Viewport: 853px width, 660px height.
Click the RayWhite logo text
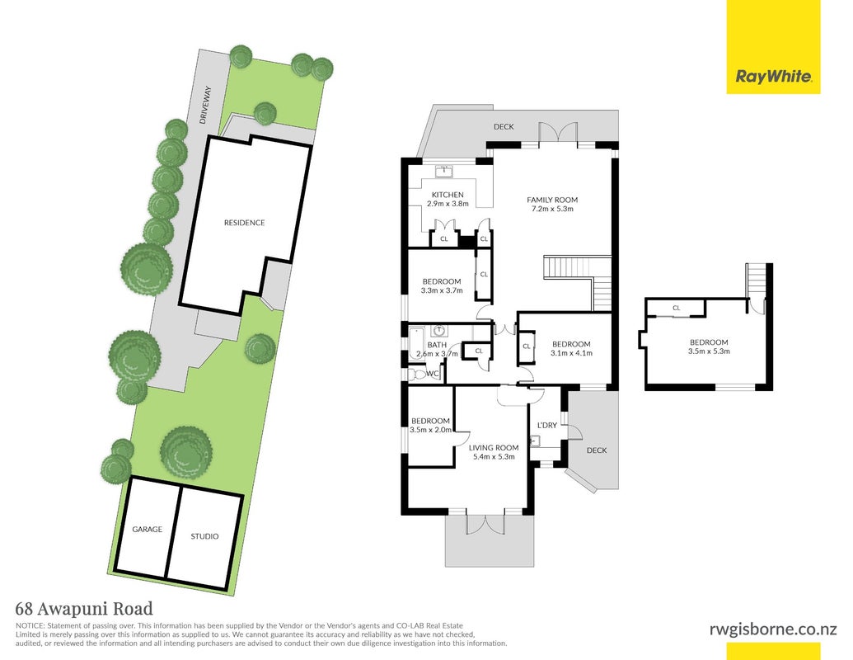(x=774, y=76)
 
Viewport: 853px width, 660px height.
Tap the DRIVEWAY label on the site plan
(x=205, y=105)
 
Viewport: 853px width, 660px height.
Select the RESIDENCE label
(x=244, y=223)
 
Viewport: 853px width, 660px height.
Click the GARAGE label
(x=147, y=530)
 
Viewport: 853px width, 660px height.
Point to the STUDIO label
(x=204, y=536)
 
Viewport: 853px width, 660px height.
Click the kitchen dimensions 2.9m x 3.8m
(x=448, y=204)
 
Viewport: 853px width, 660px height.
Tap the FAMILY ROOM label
(x=552, y=200)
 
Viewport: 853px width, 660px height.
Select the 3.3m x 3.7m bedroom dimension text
(x=442, y=290)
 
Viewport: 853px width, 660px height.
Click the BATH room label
(x=437, y=345)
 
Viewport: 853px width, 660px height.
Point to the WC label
(x=433, y=374)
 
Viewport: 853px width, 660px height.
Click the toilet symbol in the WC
(x=416, y=374)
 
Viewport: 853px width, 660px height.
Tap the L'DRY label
(x=547, y=426)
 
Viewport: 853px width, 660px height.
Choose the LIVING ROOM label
(x=494, y=448)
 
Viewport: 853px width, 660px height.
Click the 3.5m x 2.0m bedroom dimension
(x=430, y=430)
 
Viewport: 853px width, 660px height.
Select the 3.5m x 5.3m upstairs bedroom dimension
(x=709, y=351)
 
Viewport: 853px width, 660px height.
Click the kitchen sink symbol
(x=446, y=171)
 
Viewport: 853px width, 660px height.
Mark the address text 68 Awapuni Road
(x=84, y=608)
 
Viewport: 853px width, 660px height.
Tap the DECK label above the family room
(x=504, y=126)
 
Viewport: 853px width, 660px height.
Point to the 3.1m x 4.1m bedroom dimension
(x=571, y=353)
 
